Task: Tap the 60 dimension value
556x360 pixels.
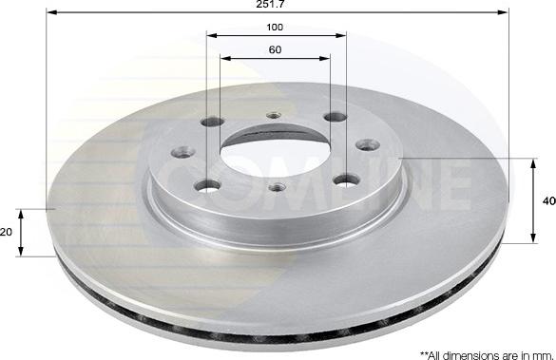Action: click(276, 49)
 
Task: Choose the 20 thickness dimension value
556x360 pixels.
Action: click(6, 232)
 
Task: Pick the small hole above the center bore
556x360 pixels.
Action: click(274, 116)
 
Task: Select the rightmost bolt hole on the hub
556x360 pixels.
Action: click(361, 145)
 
